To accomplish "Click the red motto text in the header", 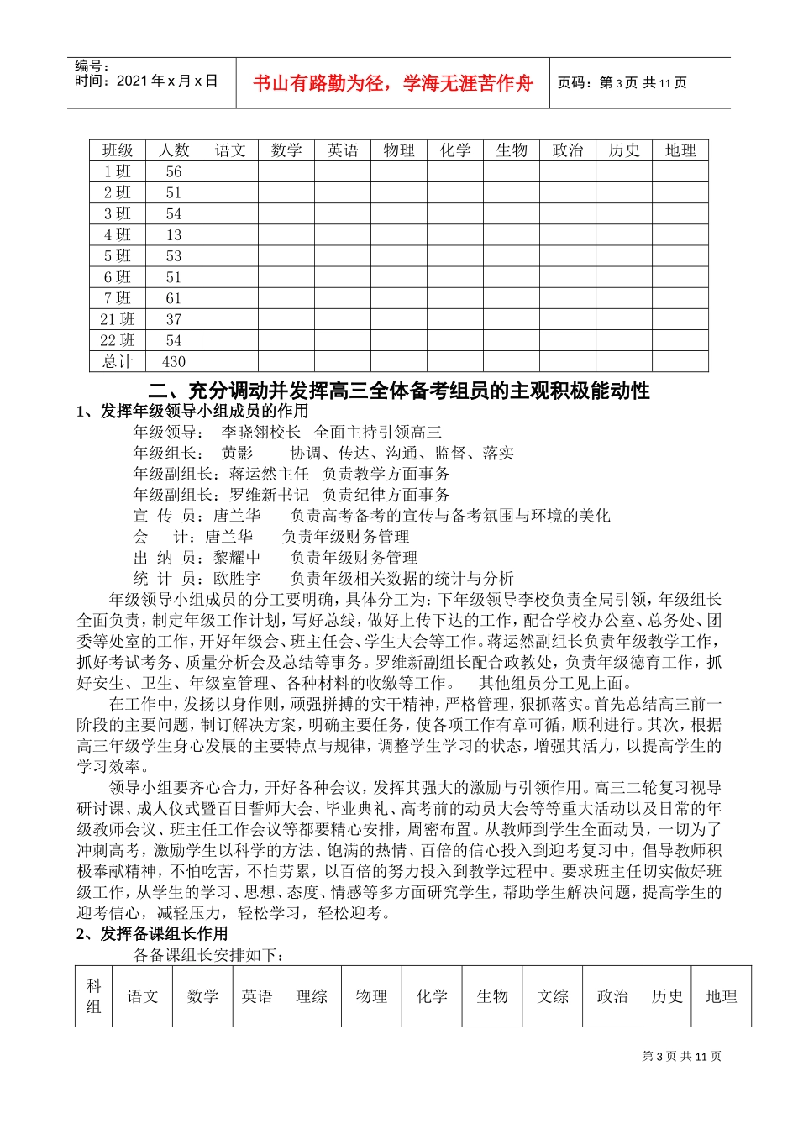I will (x=392, y=83).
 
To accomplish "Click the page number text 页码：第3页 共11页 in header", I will (x=622, y=83).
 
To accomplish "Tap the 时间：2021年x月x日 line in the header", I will (x=146, y=81).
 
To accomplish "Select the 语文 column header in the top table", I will (x=230, y=150).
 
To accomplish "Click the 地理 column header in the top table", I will (x=680, y=150).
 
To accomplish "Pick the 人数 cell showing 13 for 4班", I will (x=174, y=235).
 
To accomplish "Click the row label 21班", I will (x=118, y=319).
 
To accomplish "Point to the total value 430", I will (x=174, y=362).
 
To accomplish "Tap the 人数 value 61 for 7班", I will (x=174, y=298).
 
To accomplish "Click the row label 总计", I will (x=118, y=362).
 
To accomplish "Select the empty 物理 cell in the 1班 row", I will (x=399, y=171).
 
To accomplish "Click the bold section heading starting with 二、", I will (x=398, y=391).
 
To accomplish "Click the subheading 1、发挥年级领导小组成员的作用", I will (x=192, y=411).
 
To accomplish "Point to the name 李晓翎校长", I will (x=261, y=432).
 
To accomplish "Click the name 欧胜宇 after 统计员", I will (x=237, y=579).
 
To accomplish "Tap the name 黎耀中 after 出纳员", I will (x=237, y=558).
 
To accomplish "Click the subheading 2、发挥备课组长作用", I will (x=152, y=934).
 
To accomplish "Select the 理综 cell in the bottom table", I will (x=311, y=996).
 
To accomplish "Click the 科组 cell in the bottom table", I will (x=94, y=996).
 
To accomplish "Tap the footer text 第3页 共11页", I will (x=681, y=1056).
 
